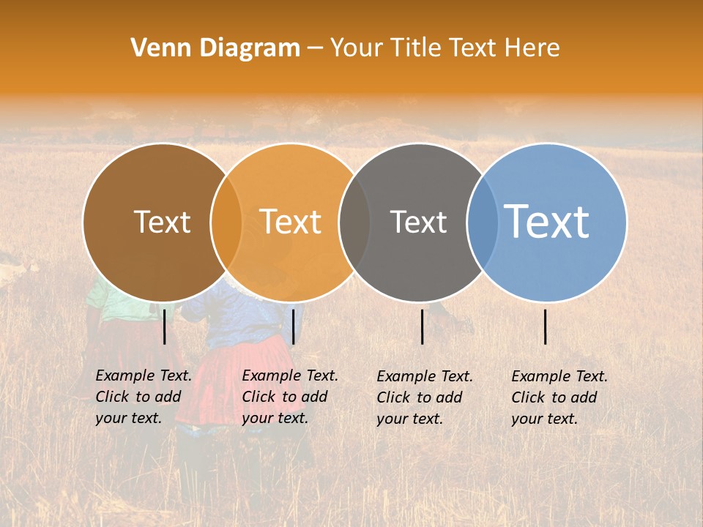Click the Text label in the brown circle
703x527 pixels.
tap(162, 222)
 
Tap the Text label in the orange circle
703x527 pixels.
tap(290, 222)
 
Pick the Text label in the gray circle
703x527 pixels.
tap(418, 222)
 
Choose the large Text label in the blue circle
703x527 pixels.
tap(546, 221)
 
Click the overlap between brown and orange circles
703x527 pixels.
tap(226, 222)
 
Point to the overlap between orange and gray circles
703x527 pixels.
tap(354, 222)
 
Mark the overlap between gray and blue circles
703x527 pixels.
tap(483, 222)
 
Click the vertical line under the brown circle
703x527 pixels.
tap(165, 326)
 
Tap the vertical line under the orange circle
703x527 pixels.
tap(293, 326)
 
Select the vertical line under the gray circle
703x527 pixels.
tap(423, 326)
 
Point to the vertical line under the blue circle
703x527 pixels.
tap(546, 326)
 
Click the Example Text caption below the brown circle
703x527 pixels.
tap(143, 397)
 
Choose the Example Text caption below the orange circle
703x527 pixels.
tap(289, 397)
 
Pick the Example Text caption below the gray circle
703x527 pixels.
tap(424, 397)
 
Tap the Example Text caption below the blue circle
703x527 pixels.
tap(559, 397)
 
